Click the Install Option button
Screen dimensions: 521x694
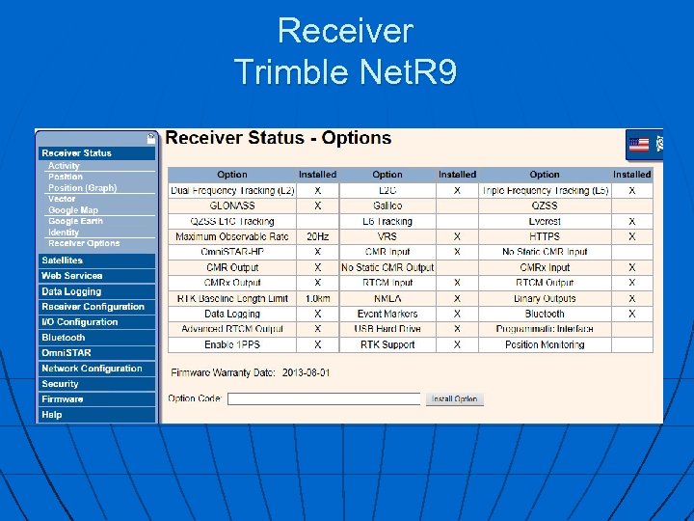455,398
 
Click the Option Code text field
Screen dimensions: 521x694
324,398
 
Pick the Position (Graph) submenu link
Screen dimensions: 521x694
82,188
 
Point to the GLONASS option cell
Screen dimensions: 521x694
232,206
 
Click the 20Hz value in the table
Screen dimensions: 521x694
317,236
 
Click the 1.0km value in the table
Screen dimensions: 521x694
317,298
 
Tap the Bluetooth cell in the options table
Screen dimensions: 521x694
545,314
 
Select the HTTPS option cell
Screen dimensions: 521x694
545,236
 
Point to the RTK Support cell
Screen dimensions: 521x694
387,344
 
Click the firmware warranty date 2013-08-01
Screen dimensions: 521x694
306,372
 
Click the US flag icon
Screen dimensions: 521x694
638,145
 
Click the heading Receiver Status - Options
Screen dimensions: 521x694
279,138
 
